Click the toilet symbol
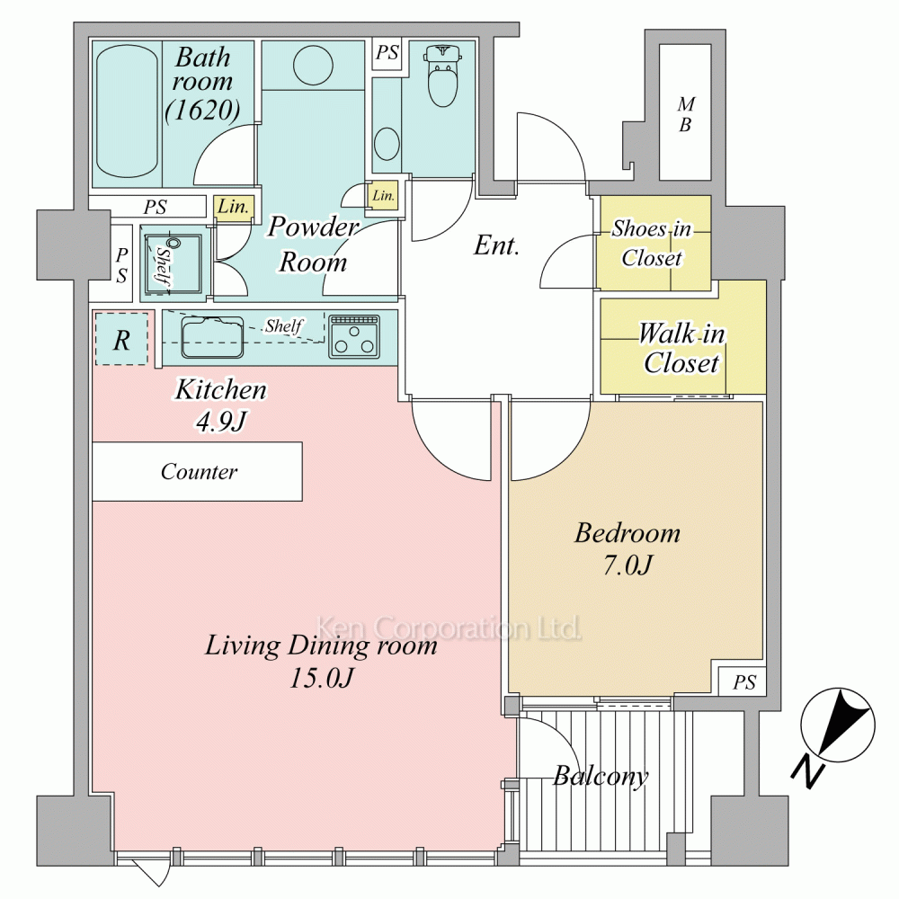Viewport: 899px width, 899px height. [x=442, y=76]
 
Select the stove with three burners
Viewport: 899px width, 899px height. [x=354, y=336]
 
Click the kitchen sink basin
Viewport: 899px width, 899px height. [x=212, y=338]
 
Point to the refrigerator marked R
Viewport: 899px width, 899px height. [x=121, y=340]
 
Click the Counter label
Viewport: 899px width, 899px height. [x=199, y=472]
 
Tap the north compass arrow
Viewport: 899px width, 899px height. [x=837, y=725]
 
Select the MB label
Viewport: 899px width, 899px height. [x=686, y=114]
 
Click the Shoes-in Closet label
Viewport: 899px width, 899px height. [x=652, y=243]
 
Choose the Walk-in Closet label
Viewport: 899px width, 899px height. [x=681, y=348]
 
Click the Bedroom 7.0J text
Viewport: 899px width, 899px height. [x=628, y=549]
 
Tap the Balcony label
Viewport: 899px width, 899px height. [x=601, y=777]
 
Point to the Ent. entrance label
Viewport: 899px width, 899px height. [x=496, y=246]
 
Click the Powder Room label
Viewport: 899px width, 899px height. [x=313, y=245]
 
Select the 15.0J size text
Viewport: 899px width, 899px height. [x=321, y=679]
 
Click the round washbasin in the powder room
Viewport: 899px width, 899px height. [x=313, y=65]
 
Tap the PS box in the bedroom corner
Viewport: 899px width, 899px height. [x=743, y=681]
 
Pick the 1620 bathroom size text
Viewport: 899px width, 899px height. [x=202, y=110]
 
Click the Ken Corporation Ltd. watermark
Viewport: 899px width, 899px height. [x=449, y=628]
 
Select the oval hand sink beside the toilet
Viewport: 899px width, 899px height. [x=387, y=143]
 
